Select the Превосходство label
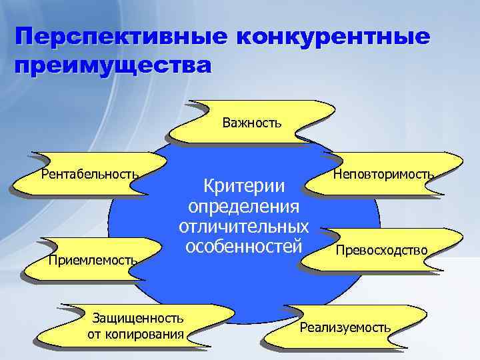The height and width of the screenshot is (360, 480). (x=381, y=250)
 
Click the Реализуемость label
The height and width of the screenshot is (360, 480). (x=345, y=327)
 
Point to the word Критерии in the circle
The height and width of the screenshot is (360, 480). (x=243, y=185)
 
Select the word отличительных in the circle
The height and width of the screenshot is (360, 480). (x=243, y=226)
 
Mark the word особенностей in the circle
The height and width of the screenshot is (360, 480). (x=243, y=246)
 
